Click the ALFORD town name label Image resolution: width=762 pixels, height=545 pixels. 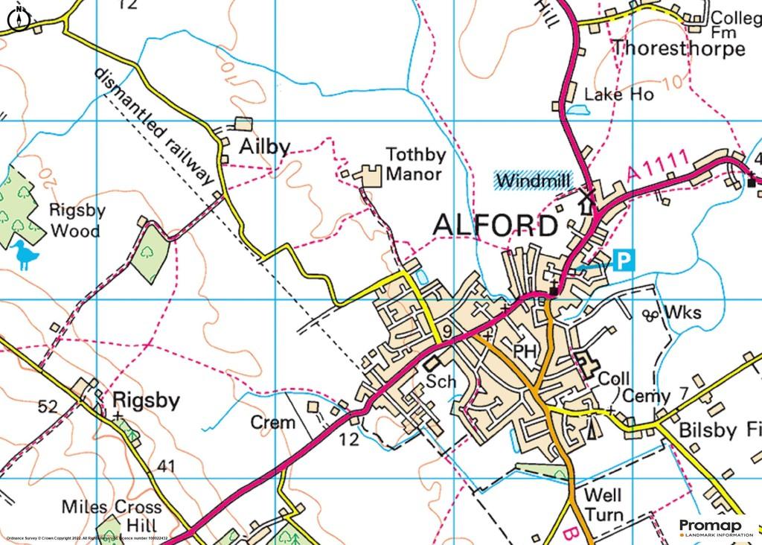[494, 226]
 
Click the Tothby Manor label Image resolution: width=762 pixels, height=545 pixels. [414, 165]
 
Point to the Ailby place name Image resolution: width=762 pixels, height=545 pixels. [263, 147]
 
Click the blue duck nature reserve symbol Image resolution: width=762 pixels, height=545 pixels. [27, 255]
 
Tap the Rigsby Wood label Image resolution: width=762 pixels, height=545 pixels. [77, 221]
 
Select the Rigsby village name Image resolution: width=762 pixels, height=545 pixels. [146, 402]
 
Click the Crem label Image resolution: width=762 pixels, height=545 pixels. [272, 423]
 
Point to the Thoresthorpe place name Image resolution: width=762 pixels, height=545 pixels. [678, 49]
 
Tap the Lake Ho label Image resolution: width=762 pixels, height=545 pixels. [618, 95]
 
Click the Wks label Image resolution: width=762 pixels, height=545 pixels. [683, 313]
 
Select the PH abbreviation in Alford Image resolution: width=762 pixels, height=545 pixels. [525, 351]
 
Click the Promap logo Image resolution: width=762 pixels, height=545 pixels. [714, 527]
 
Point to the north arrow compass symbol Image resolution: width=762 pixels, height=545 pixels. [19, 19]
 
